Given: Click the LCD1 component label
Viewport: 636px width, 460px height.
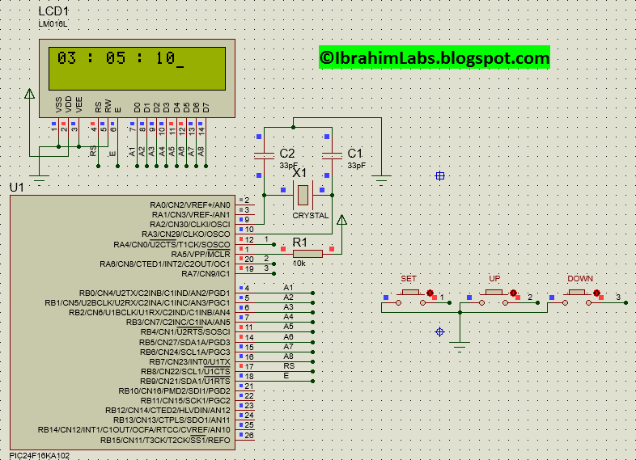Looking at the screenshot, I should pyautogui.click(x=53, y=12).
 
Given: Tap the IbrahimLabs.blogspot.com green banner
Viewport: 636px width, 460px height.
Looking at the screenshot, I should pyautogui.click(x=434, y=57).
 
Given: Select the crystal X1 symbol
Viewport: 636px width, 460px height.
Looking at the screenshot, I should pyautogui.click(x=302, y=194).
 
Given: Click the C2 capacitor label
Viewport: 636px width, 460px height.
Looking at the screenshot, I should pyautogui.click(x=287, y=154).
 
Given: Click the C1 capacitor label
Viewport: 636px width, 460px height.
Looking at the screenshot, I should pyautogui.click(x=355, y=154).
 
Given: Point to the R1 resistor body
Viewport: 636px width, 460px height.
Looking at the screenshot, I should pyautogui.click(x=307, y=254).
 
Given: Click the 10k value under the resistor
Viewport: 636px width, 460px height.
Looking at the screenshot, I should pyautogui.click(x=299, y=264).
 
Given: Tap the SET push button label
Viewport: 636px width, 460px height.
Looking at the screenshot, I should pyautogui.click(x=409, y=279).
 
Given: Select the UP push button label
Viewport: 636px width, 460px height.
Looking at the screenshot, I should pyautogui.click(x=494, y=279).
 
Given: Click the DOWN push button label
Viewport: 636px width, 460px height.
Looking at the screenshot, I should pyautogui.click(x=579, y=279).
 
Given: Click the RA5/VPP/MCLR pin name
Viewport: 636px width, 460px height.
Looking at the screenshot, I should pyautogui.click(x=201, y=255).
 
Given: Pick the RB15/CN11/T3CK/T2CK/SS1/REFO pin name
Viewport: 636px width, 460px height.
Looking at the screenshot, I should pyautogui.click(x=165, y=441).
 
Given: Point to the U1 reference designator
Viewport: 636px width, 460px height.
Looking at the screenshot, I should pyautogui.click(x=16, y=188).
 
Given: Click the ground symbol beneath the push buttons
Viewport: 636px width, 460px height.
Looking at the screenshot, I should pyautogui.click(x=460, y=345).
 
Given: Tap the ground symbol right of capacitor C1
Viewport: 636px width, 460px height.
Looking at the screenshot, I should pyautogui.click(x=382, y=177).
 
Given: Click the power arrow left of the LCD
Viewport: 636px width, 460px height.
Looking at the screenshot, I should pyautogui.click(x=30, y=94).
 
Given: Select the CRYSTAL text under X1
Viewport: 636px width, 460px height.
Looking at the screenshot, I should pyautogui.click(x=310, y=216).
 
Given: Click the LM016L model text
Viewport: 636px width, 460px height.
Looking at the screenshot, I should pyautogui.click(x=53, y=24).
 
